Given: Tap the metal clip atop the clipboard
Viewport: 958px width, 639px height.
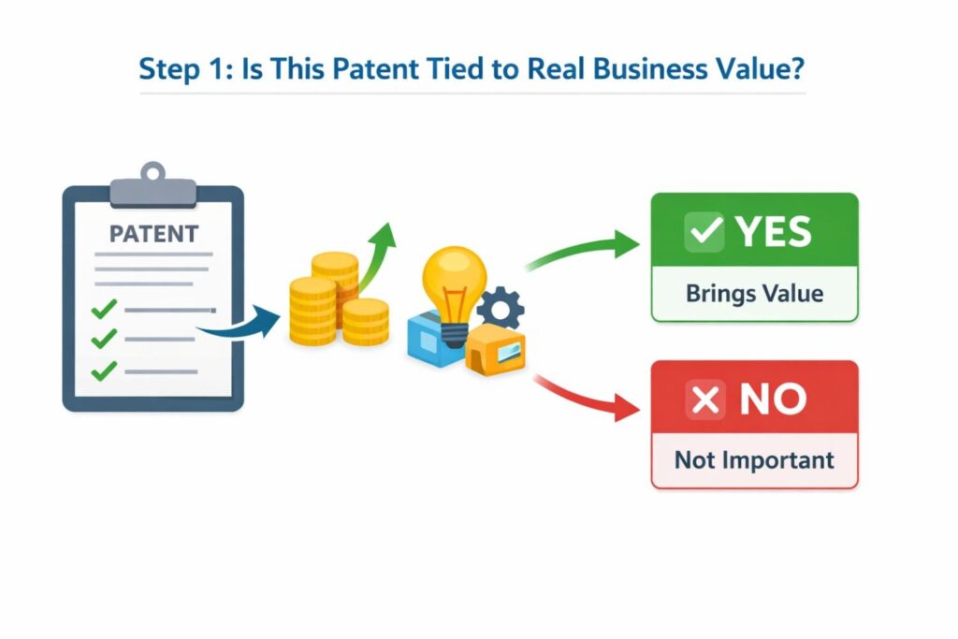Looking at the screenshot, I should point(152,185).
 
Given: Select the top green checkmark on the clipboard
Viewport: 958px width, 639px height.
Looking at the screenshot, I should point(104,308).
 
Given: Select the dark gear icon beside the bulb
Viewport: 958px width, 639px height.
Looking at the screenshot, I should point(501,306).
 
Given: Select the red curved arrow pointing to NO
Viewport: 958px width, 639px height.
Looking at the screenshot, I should point(580,393).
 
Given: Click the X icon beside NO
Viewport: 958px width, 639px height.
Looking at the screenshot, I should point(706,400).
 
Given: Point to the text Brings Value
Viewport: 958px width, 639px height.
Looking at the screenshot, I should point(754,293).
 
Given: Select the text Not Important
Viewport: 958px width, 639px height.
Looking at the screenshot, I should point(754,460).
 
